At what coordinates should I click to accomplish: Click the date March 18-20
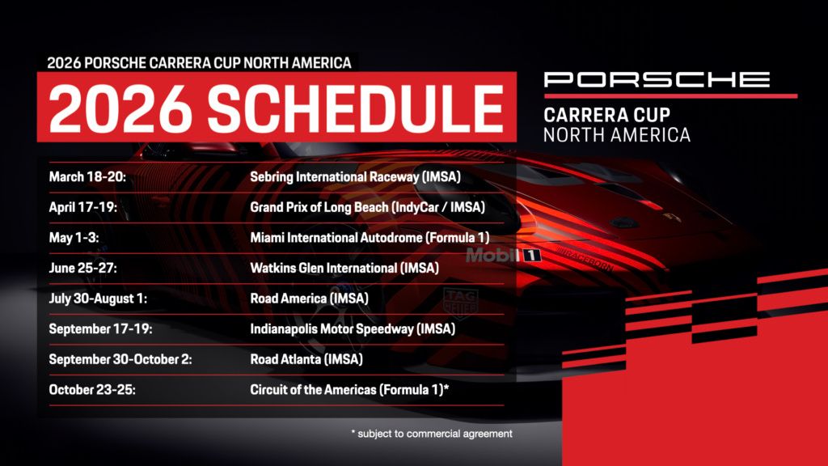click(x=87, y=176)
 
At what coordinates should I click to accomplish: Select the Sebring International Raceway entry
click(x=356, y=177)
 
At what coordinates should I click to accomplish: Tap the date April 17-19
click(x=83, y=207)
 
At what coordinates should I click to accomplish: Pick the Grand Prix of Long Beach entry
click(x=368, y=207)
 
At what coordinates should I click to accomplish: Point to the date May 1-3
click(x=74, y=237)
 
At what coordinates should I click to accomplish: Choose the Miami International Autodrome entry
click(x=370, y=238)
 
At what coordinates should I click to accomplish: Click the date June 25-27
click(x=83, y=268)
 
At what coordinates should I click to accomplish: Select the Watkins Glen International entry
click(x=344, y=268)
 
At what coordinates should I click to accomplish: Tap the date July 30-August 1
click(x=98, y=299)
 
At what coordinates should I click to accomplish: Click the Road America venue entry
click(x=310, y=299)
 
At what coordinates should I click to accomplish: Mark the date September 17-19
click(x=100, y=328)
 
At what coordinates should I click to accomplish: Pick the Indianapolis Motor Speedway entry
click(x=353, y=329)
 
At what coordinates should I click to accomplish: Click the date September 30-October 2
click(x=120, y=359)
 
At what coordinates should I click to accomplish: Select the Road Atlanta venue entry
click(x=306, y=359)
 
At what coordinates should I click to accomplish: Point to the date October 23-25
click(x=92, y=390)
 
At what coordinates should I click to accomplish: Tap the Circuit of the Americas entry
click(x=349, y=390)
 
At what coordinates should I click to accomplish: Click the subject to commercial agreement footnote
click(x=432, y=434)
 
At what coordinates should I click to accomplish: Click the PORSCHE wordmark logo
click(x=657, y=80)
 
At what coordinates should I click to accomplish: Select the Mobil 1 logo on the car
click(x=503, y=256)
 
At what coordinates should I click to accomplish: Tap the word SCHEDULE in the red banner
click(x=356, y=108)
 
